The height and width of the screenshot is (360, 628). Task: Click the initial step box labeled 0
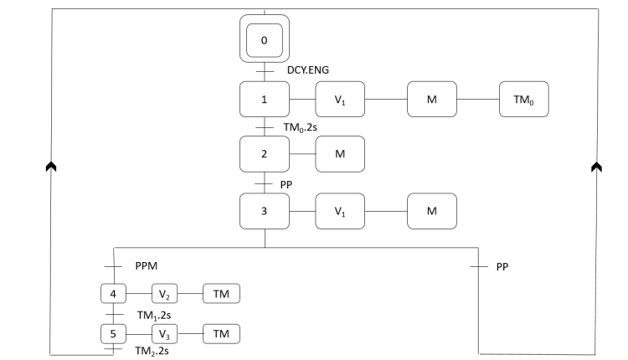pyautogui.click(x=265, y=40)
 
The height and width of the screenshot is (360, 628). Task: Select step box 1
pyautogui.click(x=265, y=100)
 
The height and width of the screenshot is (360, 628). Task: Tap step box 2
pyautogui.click(x=265, y=154)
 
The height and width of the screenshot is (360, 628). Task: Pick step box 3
pyautogui.click(x=265, y=210)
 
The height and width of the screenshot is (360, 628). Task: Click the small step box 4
pyautogui.click(x=112, y=294)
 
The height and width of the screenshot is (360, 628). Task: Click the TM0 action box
pyautogui.click(x=523, y=100)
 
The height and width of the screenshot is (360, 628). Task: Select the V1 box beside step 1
pyautogui.click(x=340, y=100)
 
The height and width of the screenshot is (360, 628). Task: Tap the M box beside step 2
pyautogui.click(x=340, y=154)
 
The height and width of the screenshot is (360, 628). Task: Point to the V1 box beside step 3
pyautogui.click(x=340, y=210)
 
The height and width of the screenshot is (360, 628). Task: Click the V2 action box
pyautogui.click(x=164, y=294)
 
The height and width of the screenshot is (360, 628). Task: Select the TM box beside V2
pyautogui.click(x=221, y=294)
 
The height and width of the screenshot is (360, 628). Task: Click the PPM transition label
pyautogui.click(x=146, y=266)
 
